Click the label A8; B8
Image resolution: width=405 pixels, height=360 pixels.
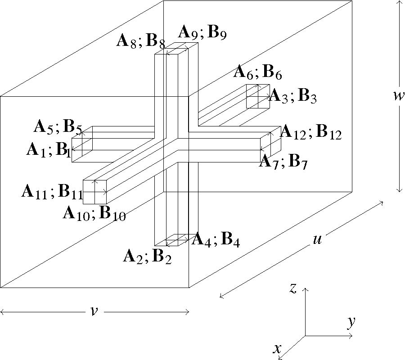pos(140,42)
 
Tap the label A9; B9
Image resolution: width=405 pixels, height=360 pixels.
pos(202,33)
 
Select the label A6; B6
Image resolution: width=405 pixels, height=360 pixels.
pos(258,72)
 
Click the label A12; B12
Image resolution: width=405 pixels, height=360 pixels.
pos(310,132)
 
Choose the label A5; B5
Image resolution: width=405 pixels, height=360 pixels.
pos(58,127)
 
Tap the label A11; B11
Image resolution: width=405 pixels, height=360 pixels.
pos(51,192)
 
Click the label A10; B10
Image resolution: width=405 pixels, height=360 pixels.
pos(94,212)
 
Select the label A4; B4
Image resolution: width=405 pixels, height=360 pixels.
pos(216,240)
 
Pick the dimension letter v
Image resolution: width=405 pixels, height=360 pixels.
pos(94,311)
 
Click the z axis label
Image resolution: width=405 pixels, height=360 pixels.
pos(292,288)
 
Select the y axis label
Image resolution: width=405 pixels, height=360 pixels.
pos(351,321)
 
